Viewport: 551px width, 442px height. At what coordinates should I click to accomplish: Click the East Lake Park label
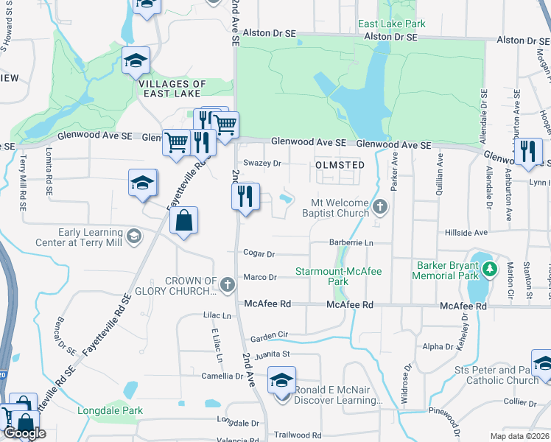(391, 24)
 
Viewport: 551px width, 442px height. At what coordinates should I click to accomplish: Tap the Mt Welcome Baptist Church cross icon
(380, 206)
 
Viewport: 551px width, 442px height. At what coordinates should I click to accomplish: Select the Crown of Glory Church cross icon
(228, 284)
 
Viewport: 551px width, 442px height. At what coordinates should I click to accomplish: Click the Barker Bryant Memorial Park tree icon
(488, 270)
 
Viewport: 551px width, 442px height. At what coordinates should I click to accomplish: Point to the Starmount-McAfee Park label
(338, 276)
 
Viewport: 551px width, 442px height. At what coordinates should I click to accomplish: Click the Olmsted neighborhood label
(340, 165)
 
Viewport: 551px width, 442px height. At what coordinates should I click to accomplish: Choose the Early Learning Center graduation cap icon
(133, 236)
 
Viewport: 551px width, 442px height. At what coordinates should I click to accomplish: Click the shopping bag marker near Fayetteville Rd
(183, 220)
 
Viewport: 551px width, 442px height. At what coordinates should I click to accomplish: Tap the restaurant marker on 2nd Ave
(245, 196)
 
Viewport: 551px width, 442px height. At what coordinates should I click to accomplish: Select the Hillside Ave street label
(466, 232)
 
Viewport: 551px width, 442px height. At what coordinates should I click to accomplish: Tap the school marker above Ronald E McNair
(281, 381)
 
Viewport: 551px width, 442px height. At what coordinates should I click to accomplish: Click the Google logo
(25, 433)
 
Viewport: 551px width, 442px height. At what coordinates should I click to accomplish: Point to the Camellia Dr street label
(222, 376)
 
